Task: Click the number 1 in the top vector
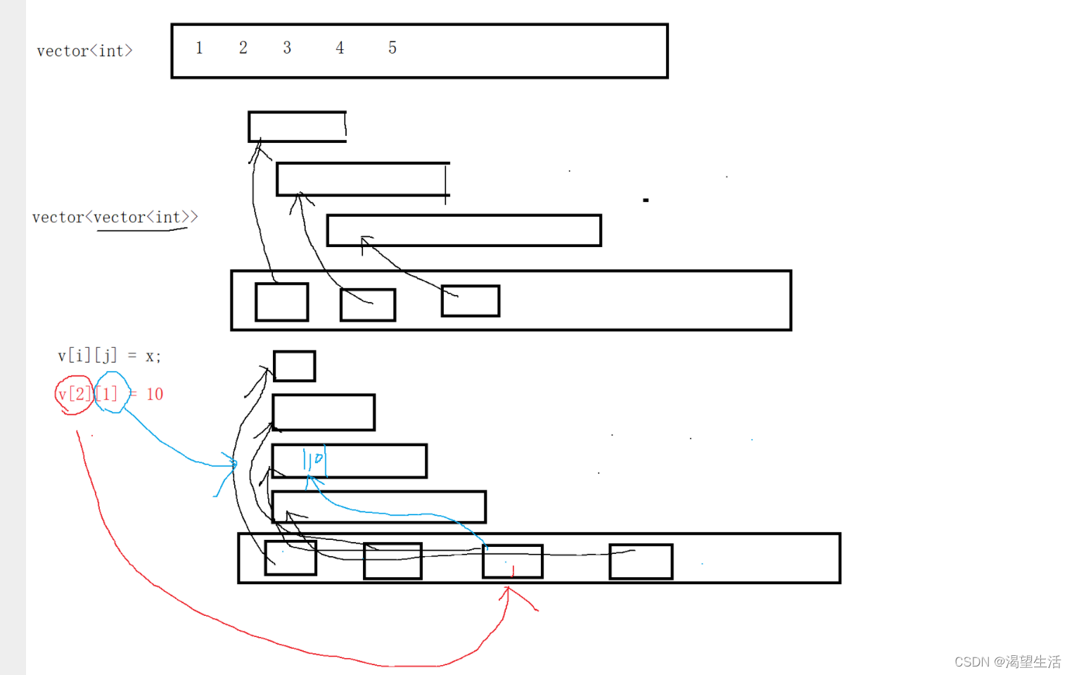tap(199, 48)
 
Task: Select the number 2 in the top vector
tap(243, 48)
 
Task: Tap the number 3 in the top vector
tap(287, 48)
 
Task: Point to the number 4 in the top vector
tap(340, 48)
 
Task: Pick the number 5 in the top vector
tap(393, 48)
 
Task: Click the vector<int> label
tap(84, 51)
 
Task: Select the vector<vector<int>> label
tap(115, 217)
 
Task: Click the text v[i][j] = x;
tap(109, 355)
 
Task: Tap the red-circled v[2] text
tap(74, 394)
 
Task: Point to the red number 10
tap(155, 394)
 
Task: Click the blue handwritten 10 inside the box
tap(314, 460)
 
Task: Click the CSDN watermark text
tap(1007, 662)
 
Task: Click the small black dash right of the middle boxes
tap(646, 201)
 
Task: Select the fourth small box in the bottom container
tap(641, 561)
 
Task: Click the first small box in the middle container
tap(281, 302)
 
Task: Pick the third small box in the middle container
tap(471, 301)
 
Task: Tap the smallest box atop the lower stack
tap(294, 366)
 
